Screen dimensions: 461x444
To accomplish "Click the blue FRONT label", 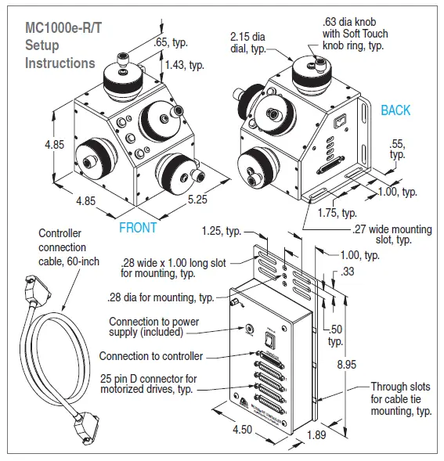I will click(138, 228).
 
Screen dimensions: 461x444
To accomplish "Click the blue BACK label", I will click(395, 110).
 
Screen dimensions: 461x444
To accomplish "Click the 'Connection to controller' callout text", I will click(151, 356).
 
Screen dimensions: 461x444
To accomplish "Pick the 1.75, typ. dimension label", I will click(338, 212).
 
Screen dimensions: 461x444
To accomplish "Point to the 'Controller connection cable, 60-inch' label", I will click(69, 247).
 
